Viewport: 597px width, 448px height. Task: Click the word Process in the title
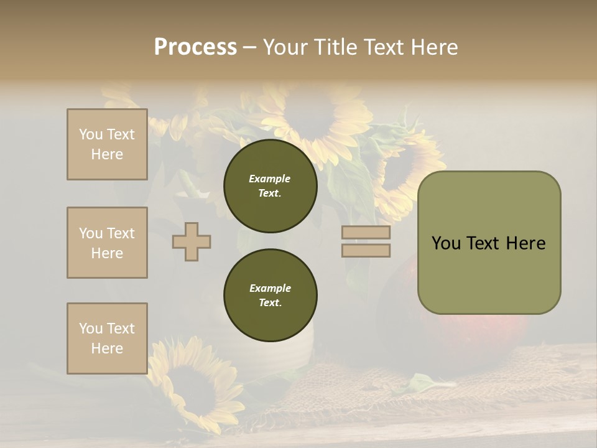point(195,47)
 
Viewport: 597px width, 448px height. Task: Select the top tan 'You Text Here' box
point(107,144)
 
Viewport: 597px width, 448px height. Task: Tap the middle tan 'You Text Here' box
point(107,243)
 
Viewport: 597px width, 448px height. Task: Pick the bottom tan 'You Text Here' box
point(107,338)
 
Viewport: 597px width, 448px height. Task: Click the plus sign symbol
point(192,241)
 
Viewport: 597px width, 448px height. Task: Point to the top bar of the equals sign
point(366,233)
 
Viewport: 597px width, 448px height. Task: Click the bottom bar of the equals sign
point(366,251)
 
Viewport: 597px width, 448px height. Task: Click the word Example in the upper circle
point(270,179)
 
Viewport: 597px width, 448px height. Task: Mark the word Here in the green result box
point(525,243)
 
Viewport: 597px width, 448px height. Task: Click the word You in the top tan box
point(91,134)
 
